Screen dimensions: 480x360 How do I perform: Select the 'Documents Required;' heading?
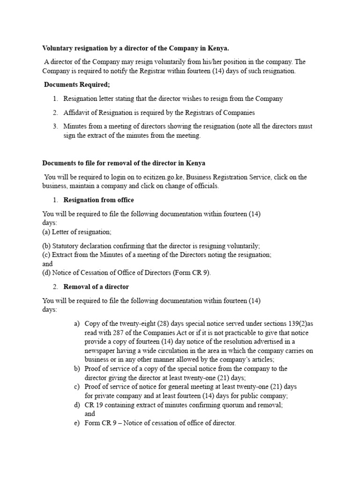(77, 85)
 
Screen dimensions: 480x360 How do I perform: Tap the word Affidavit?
(78, 112)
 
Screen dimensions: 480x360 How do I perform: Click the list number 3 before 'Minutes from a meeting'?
(55, 126)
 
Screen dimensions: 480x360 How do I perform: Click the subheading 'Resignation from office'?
(98, 200)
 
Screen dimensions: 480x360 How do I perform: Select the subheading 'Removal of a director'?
(96, 286)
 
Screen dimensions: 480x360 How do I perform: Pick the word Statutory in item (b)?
(66, 246)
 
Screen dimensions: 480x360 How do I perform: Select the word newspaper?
(102, 351)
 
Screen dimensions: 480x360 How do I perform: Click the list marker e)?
(77, 423)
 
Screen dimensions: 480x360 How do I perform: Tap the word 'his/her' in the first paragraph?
(229, 62)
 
